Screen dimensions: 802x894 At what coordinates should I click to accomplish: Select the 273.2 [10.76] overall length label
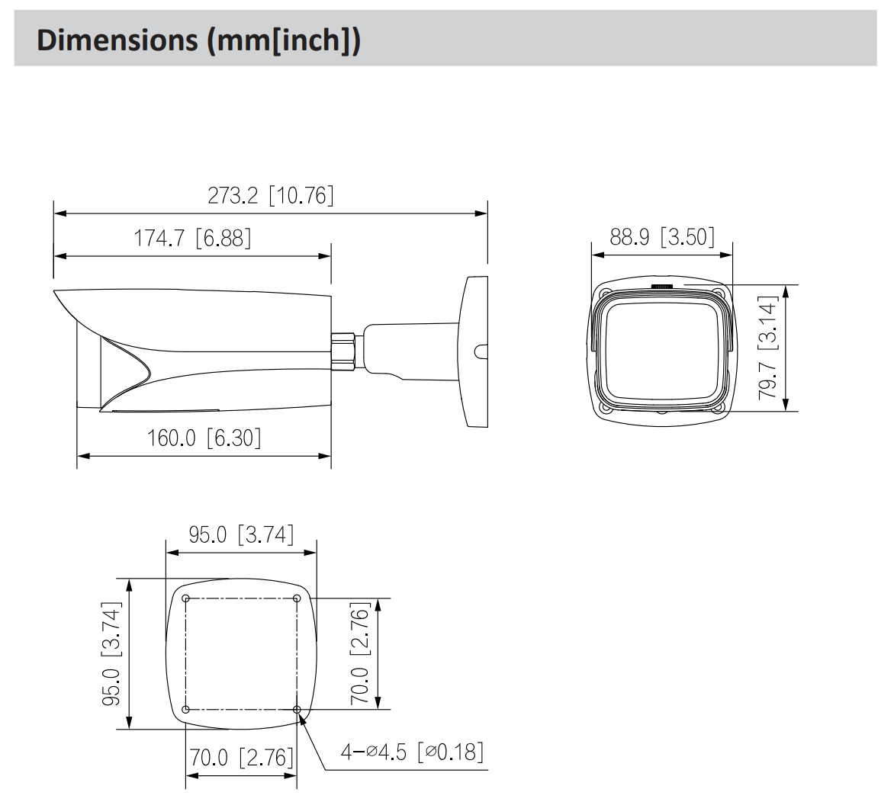[271, 196]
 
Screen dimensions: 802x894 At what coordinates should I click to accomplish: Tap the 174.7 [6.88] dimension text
[192, 239]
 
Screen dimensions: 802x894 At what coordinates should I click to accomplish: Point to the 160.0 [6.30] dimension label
[204, 438]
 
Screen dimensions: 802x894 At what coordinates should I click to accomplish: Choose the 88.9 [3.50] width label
[661, 237]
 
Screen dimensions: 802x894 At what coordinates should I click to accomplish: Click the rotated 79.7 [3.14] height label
[769, 348]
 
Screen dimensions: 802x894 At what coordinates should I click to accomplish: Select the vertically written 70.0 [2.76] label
[361, 653]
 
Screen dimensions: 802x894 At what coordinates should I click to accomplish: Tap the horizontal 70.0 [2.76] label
[241, 758]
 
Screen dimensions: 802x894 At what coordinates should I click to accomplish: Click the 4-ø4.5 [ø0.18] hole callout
[412, 752]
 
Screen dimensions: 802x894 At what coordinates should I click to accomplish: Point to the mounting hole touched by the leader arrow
[297, 710]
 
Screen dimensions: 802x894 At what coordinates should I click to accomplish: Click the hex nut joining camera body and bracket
[346, 350]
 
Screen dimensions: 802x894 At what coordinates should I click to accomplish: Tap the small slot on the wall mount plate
[480, 351]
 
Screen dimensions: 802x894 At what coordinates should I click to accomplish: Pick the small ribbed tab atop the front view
[661, 287]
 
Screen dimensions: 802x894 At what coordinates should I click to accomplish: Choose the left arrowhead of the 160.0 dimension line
[83, 457]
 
